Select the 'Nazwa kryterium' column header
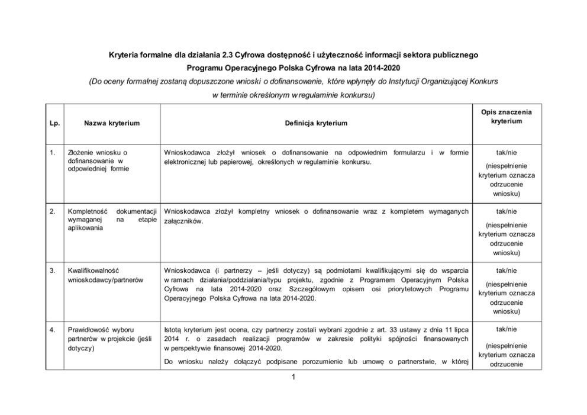click(112, 123)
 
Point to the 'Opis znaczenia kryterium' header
click(507, 117)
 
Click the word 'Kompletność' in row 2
click(86, 211)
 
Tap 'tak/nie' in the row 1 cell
click(507, 153)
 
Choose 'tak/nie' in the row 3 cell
click(507, 271)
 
